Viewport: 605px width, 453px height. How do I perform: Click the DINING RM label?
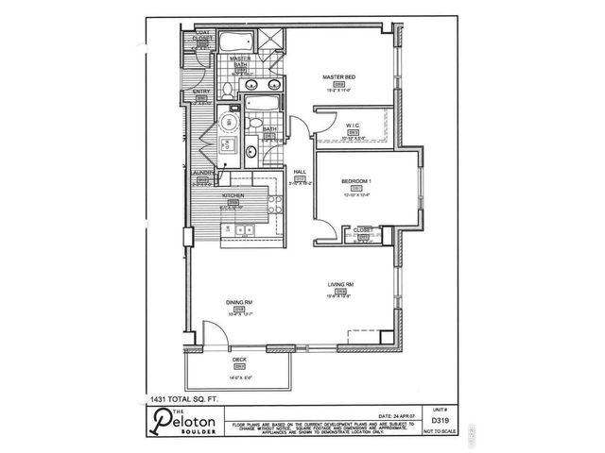pos(238,303)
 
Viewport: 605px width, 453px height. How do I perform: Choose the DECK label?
pos(238,360)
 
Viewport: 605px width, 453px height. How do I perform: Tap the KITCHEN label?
pos(233,195)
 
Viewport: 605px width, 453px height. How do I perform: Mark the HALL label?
pos(299,172)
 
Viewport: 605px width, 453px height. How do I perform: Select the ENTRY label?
pos(200,92)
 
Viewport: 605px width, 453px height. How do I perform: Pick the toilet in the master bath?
pos(228,90)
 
